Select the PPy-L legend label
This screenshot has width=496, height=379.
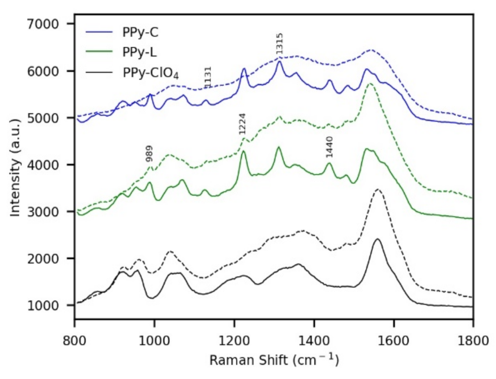pos(139,52)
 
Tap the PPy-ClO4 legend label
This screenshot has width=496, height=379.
pos(150,73)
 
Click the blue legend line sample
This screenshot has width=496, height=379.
pos(99,32)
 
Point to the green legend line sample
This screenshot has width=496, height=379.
pos(99,52)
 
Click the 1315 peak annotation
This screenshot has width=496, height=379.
pos(279,44)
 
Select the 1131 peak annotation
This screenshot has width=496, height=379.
pos(208,77)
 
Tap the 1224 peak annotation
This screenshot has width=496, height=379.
pos(242,124)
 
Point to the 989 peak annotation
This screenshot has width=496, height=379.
pos(149,153)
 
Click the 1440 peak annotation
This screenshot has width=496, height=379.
pos(329,147)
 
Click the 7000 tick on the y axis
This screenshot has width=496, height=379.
pos(43,24)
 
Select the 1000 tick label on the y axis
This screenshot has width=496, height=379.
pos(43,306)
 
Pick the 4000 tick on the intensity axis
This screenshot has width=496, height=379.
pos(43,165)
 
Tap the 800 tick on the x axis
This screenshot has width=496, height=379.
pos(74,340)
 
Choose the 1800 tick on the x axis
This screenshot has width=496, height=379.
pos(473,340)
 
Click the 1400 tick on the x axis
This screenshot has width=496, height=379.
pos(314,340)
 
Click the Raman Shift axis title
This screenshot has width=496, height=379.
pos(274,360)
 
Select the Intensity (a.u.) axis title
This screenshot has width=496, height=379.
pos(15,168)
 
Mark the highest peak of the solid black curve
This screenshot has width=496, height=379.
pos(377,239)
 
